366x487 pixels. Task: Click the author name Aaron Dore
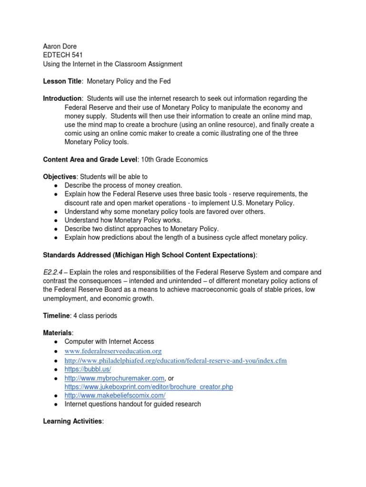(x=61, y=47)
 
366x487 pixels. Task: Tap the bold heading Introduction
(x=62, y=98)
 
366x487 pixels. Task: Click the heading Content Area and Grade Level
(x=90, y=160)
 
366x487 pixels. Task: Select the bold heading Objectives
(x=60, y=177)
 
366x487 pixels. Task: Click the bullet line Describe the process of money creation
(x=123, y=185)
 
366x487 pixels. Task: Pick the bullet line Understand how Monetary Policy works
(x=123, y=220)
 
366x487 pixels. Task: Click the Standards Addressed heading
(x=149, y=255)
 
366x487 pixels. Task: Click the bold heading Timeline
(x=56, y=316)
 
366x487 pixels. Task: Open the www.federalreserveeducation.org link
(x=113, y=351)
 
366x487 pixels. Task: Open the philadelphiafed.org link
(x=175, y=360)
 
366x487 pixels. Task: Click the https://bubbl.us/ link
(x=88, y=369)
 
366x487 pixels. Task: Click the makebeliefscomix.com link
(x=115, y=396)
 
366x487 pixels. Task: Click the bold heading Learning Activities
(x=72, y=421)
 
